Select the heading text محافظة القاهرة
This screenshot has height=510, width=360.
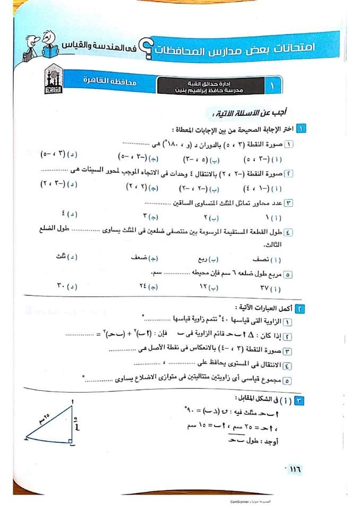tap(109, 82)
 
